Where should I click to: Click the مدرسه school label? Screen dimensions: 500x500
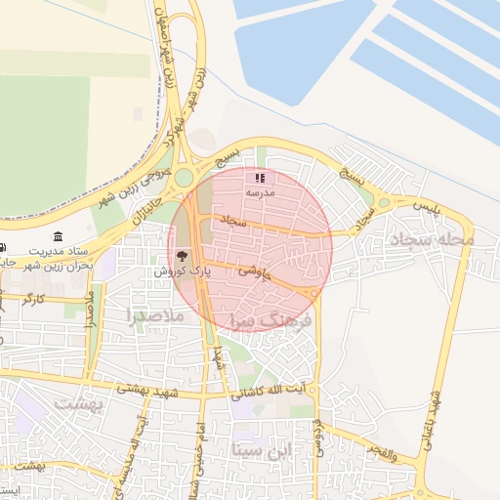click(x=261, y=192)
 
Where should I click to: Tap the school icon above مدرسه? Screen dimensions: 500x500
click(x=260, y=178)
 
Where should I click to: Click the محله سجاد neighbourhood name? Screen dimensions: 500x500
click(x=430, y=239)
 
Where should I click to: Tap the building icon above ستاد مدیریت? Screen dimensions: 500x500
click(x=60, y=237)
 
